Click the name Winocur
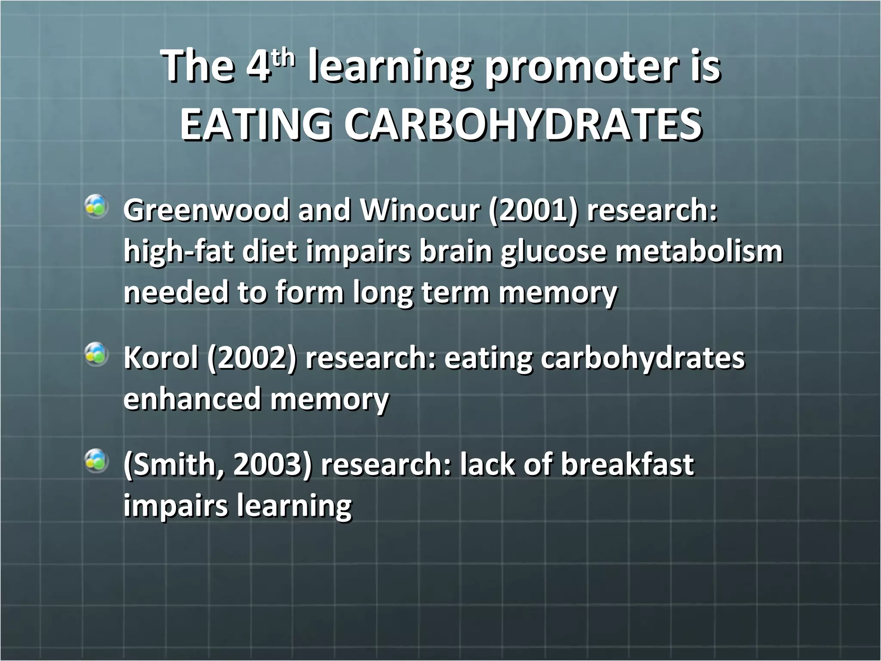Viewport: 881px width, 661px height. click(x=419, y=211)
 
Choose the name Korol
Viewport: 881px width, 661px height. click(x=161, y=358)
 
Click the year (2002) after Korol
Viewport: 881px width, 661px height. click(x=252, y=358)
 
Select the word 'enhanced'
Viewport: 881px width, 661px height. click(x=192, y=399)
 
